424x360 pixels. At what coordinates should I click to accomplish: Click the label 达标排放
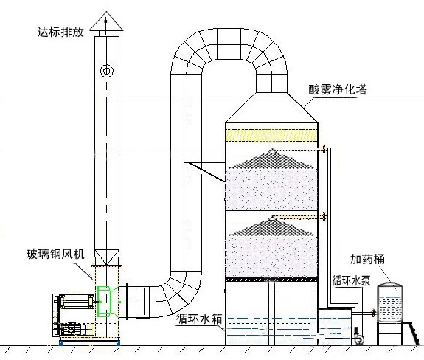pyautogui.click(x=60, y=32)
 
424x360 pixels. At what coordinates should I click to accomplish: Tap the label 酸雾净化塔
pyautogui.click(x=338, y=89)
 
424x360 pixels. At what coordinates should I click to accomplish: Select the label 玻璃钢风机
pyautogui.click(x=55, y=255)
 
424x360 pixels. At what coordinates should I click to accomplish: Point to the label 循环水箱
pyautogui.click(x=199, y=319)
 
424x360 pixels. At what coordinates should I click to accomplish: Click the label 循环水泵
pyautogui.click(x=351, y=280)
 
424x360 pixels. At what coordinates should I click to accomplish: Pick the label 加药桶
pyautogui.click(x=367, y=259)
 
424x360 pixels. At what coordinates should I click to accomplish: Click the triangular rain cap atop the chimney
pyautogui.click(x=106, y=21)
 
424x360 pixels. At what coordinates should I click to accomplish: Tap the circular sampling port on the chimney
pyautogui.click(x=106, y=71)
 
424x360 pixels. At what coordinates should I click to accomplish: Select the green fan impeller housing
pyautogui.click(x=106, y=301)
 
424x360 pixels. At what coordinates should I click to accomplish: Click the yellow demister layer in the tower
pyautogui.click(x=271, y=135)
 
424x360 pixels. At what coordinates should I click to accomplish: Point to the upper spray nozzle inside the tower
pyautogui.click(x=273, y=150)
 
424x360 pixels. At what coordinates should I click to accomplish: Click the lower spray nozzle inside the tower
pyautogui.click(x=273, y=218)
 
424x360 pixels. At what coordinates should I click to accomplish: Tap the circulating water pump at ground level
pyautogui.click(x=358, y=338)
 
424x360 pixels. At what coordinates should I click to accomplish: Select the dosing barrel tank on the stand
pyautogui.click(x=390, y=302)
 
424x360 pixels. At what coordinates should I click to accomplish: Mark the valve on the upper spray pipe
pyautogui.click(x=324, y=149)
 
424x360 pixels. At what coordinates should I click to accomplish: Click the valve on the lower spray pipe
pyautogui.click(x=324, y=217)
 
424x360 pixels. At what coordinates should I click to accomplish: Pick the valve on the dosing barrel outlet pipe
pyautogui.click(x=373, y=314)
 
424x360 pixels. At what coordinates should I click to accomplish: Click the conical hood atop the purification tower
pyautogui.click(x=271, y=108)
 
